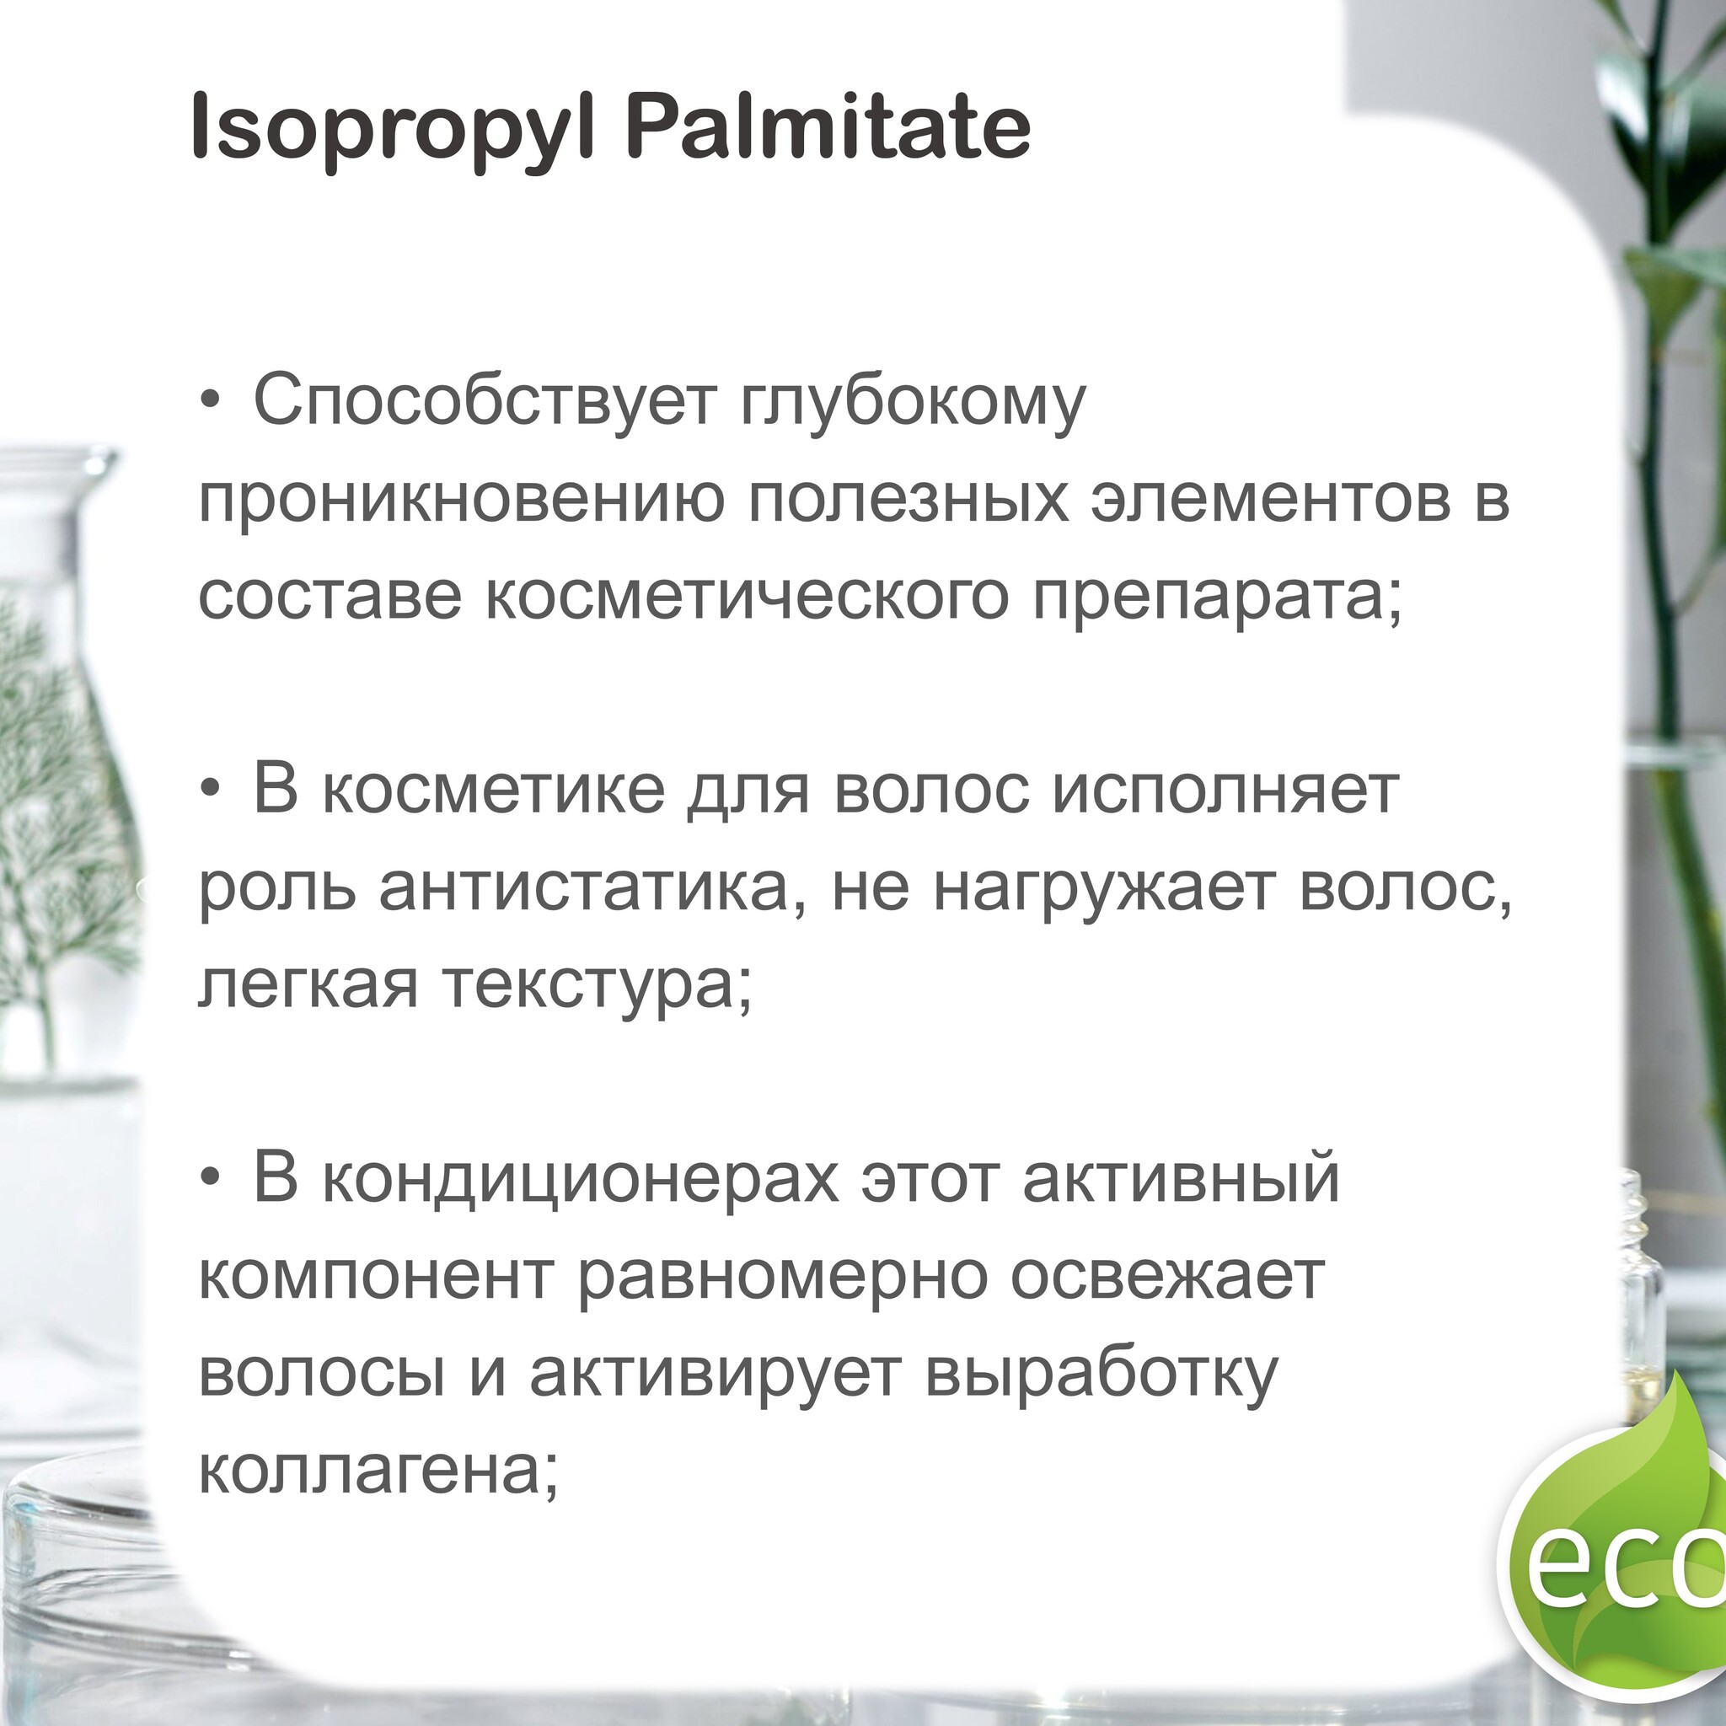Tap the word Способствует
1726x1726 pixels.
(x=485, y=403)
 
